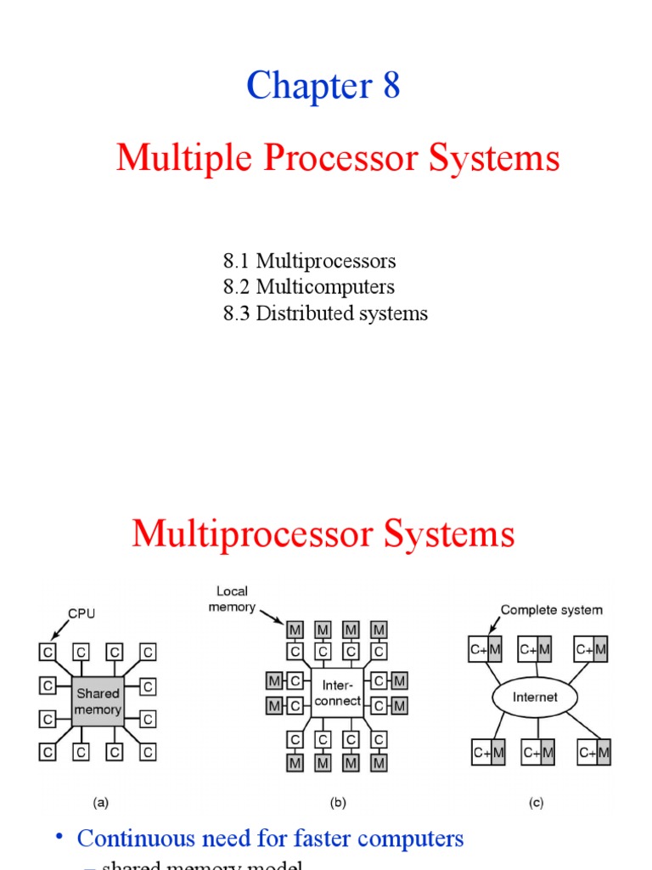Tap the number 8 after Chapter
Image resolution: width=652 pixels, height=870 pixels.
click(391, 86)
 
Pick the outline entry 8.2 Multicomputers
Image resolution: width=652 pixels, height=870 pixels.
click(308, 287)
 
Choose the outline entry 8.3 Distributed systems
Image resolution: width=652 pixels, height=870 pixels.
click(325, 314)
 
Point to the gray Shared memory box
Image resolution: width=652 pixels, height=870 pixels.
click(98, 701)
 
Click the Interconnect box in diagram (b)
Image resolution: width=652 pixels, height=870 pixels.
click(337, 692)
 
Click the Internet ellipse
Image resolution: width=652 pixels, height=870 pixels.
click(536, 697)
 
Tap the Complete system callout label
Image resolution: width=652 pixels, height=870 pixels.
click(552, 610)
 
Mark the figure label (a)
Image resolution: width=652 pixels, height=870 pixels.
click(100, 801)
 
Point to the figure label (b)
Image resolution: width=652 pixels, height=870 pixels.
click(337, 801)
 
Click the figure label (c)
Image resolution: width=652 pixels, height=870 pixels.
click(536, 801)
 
